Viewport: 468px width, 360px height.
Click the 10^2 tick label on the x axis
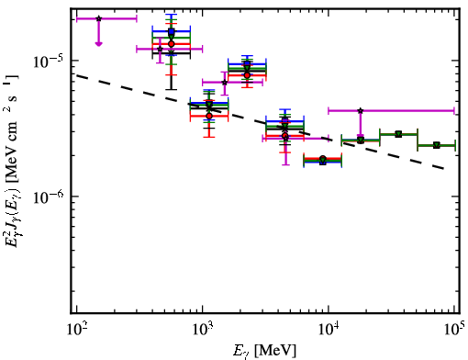point(76,329)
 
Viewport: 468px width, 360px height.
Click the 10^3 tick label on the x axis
point(203,329)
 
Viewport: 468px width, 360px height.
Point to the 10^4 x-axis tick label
point(329,329)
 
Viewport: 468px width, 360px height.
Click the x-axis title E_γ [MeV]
point(264,351)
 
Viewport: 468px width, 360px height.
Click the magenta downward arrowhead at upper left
point(98,44)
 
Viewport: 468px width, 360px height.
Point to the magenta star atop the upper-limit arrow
point(98,18)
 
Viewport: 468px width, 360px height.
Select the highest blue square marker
point(172,31)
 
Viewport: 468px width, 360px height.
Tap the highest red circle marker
point(172,44)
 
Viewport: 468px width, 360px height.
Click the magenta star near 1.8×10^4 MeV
point(361,110)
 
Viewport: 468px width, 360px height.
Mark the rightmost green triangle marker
point(437,145)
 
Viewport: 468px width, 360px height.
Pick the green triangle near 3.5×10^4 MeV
point(398,134)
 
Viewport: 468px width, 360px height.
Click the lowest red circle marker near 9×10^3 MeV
point(323,159)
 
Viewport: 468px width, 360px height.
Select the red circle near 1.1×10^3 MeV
point(209,116)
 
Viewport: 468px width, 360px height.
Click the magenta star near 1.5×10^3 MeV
point(225,82)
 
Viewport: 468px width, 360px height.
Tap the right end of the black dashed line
point(443,169)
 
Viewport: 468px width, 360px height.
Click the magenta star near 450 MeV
point(160,49)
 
